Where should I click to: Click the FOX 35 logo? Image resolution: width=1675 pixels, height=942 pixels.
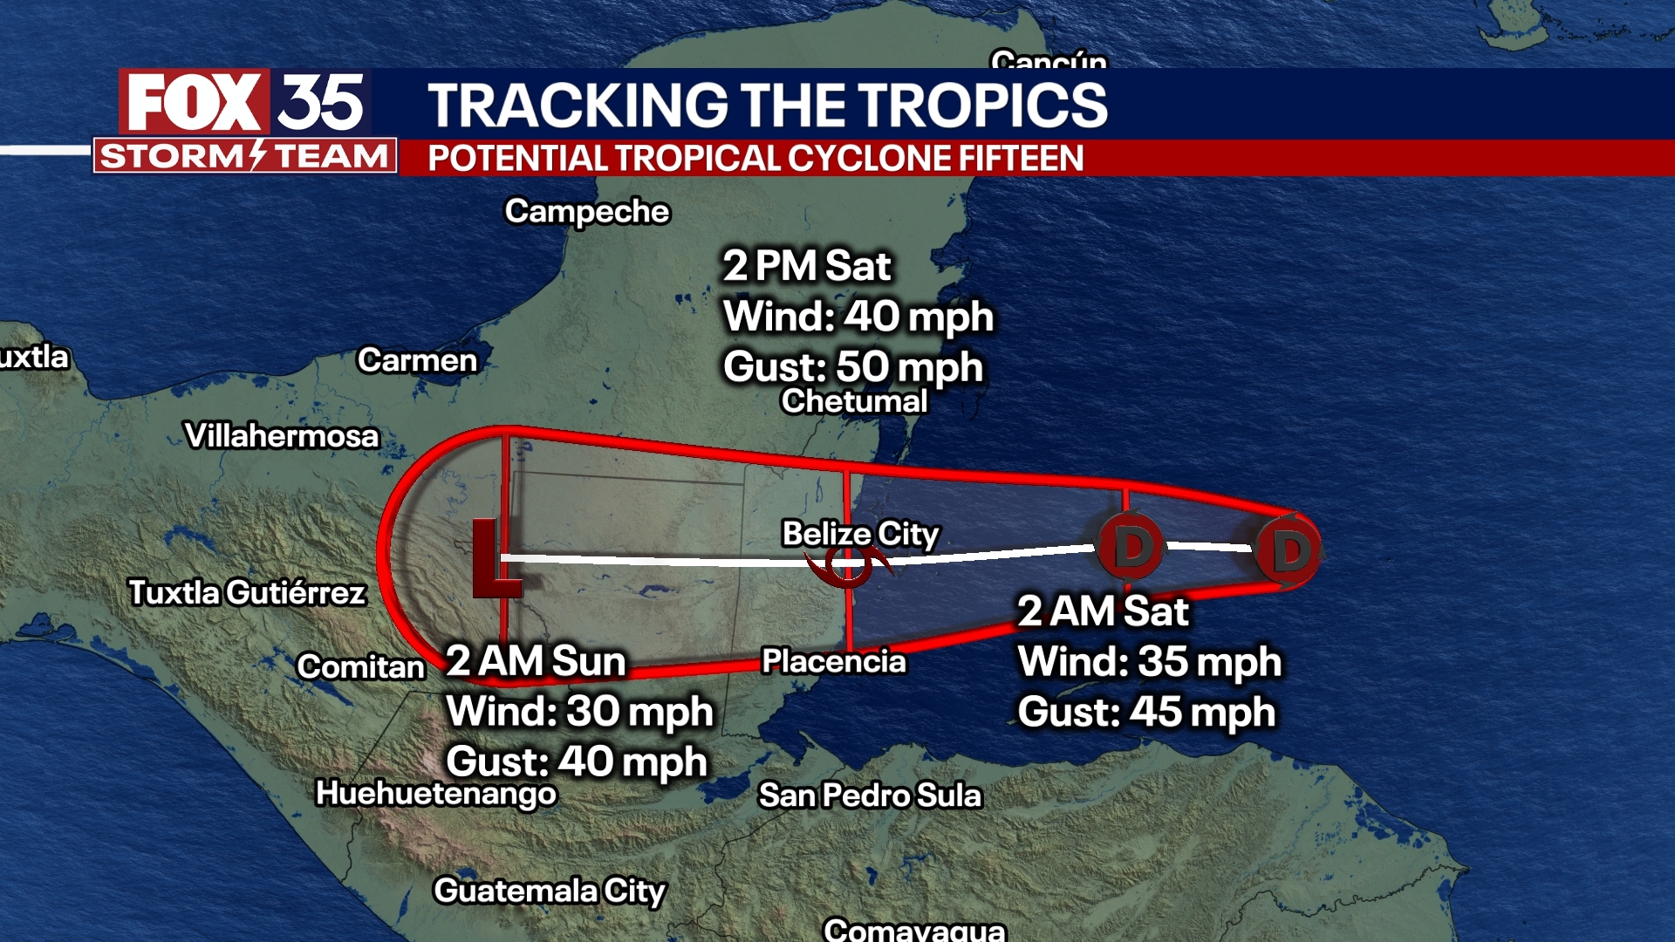click(x=245, y=102)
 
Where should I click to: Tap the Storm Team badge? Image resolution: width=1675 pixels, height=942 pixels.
click(x=245, y=156)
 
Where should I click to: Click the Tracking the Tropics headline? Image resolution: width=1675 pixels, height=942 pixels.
click(x=767, y=105)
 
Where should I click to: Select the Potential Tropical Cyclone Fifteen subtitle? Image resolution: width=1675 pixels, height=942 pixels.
click(x=755, y=159)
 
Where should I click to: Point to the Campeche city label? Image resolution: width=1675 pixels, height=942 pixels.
click(x=587, y=212)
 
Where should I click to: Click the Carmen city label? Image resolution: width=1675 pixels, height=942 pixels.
click(x=417, y=360)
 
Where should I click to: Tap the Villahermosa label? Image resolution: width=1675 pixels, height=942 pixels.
click(x=282, y=435)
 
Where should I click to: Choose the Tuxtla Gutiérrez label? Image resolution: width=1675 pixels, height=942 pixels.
click(x=247, y=593)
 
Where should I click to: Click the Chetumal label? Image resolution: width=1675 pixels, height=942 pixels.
click(x=854, y=401)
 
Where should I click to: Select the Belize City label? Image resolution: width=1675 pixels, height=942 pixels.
click(x=860, y=533)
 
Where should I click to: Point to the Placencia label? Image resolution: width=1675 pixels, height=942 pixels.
click(x=834, y=661)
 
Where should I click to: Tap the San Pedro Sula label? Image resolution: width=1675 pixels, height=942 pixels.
click(x=870, y=795)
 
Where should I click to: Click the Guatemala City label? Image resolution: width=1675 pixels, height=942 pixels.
click(x=550, y=891)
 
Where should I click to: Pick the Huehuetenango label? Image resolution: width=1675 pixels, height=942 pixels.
click(x=436, y=793)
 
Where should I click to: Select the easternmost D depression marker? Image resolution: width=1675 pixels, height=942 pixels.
click(x=1289, y=551)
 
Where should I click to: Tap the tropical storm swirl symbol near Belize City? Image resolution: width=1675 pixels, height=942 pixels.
click(x=848, y=567)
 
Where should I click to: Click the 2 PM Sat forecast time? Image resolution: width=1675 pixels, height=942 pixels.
click(x=807, y=266)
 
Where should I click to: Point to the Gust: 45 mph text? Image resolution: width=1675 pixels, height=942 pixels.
click(x=1146, y=712)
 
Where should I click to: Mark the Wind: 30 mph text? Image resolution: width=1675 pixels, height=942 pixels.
click(x=579, y=711)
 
